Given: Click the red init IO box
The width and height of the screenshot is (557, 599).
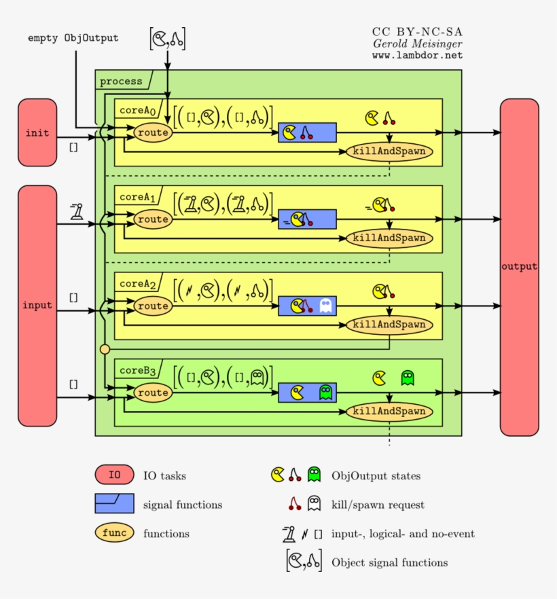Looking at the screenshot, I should click(x=37, y=132).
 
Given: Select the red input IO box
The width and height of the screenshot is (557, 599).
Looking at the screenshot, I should click(x=37, y=305).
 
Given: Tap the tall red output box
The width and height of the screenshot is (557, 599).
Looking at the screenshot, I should click(x=519, y=267).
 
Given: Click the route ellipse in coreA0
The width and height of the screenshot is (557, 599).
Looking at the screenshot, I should click(x=152, y=133).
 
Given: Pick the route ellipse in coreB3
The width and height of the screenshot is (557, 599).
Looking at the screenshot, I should click(x=152, y=393).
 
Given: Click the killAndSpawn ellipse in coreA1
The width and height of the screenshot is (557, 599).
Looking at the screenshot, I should click(x=389, y=238).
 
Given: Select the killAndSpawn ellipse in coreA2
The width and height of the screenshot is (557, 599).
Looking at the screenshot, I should click(x=389, y=325).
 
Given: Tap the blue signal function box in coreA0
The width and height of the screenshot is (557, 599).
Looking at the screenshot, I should click(x=307, y=132).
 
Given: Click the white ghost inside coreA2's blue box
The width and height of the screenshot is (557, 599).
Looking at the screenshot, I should click(x=325, y=306).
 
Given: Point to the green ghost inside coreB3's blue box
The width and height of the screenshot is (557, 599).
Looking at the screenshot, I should click(x=325, y=393).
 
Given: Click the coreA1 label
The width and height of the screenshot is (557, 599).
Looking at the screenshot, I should click(x=138, y=197).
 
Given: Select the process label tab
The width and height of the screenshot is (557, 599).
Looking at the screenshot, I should click(x=122, y=81).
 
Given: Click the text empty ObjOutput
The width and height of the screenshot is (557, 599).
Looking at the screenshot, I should click(x=73, y=38).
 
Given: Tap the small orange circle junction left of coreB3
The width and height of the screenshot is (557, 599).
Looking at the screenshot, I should click(x=105, y=349).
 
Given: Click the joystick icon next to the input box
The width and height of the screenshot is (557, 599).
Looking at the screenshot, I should click(x=77, y=213).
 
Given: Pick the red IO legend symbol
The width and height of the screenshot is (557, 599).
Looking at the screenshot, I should click(x=114, y=475).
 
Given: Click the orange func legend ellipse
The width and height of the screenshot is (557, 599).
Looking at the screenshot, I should click(x=114, y=533).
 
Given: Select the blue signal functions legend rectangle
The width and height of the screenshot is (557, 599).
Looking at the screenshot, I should click(x=114, y=504).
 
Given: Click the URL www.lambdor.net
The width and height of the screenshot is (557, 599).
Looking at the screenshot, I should click(x=416, y=55).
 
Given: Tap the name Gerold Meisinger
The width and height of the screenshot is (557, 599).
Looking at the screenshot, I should click(x=417, y=43).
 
